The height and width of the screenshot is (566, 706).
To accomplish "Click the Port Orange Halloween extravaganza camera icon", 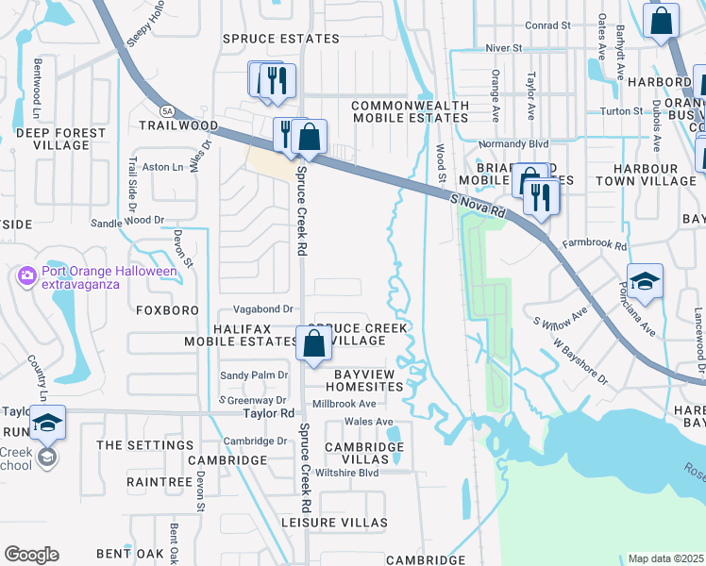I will point(26,275).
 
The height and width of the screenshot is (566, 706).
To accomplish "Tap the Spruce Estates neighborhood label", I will point(280,39).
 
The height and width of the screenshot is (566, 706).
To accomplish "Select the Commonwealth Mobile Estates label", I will point(411,111).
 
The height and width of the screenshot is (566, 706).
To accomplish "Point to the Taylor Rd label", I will point(268,413).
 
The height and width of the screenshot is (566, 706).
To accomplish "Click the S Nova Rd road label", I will point(479,204).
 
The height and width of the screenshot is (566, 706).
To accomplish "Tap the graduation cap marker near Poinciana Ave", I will point(644,281).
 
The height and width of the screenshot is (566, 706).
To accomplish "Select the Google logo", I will point(31,554).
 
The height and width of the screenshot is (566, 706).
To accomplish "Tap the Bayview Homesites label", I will point(368,380).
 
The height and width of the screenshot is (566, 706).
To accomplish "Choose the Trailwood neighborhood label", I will point(178,125).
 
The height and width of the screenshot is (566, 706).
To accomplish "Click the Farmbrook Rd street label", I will point(595,245).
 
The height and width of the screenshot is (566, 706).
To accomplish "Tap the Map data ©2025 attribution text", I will point(665,558).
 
